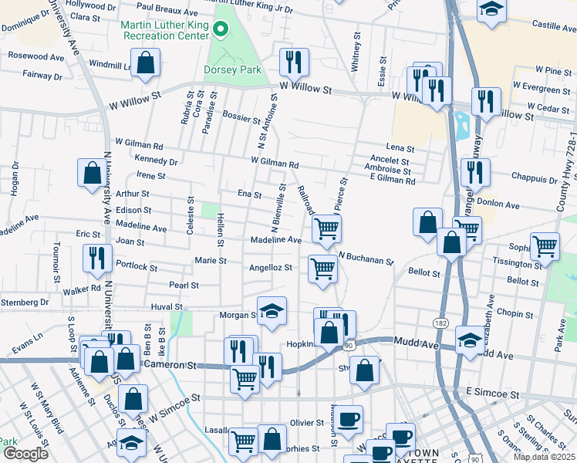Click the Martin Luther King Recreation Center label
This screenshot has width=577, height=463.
tap(164, 30)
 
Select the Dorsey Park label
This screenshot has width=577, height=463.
tap(232, 69)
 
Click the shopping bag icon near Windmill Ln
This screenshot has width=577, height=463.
tap(145, 63)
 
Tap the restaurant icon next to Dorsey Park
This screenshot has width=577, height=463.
tap(293, 61)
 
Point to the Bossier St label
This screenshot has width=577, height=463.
tap(241, 120)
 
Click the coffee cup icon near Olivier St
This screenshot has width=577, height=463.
tap(348, 419)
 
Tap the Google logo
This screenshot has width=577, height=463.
tap(25, 454)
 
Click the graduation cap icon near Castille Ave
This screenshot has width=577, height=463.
tap(491, 11)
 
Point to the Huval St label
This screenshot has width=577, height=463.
tap(166, 306)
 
